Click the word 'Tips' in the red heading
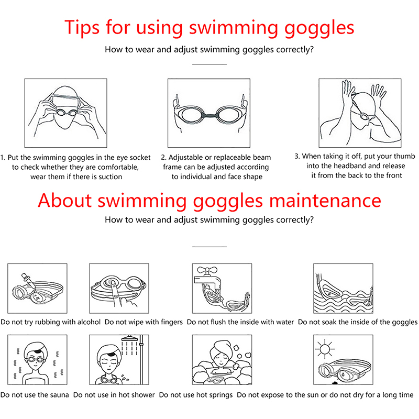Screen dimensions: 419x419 click(82, 27)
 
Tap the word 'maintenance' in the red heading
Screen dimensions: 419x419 click(325, 201)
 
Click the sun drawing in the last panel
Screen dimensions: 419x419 click(325, 349)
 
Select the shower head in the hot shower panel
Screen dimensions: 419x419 click(129, 338)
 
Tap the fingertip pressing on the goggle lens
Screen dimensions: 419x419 click(113, 284)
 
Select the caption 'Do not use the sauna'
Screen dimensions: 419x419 click(35, 395)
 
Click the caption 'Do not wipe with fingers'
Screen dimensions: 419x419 click(144, 322)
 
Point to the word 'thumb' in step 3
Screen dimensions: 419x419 click(403, 156)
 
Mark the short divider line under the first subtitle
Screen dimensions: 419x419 click(209, 64)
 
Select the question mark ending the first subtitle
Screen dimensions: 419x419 click(311, 49)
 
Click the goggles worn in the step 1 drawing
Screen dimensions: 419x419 click(66, 112)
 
